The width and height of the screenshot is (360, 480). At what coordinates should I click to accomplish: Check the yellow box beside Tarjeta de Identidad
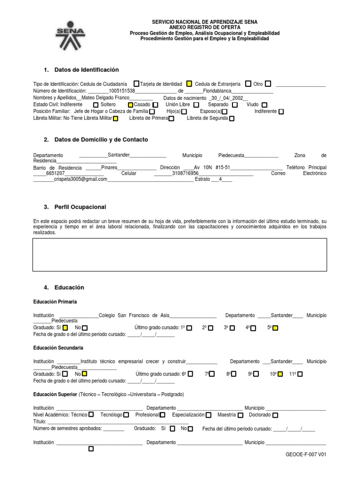click(189, 84)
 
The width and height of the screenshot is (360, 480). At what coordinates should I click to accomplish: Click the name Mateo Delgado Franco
click(105, 97)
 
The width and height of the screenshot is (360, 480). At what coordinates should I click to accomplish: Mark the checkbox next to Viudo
click(264, 105)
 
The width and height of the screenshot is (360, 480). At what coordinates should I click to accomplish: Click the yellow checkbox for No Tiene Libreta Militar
click(116, 119)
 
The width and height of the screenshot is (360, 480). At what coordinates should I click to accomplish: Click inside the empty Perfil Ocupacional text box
click(180, 255)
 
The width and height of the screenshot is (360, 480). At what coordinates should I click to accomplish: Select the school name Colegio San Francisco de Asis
click(134, 315)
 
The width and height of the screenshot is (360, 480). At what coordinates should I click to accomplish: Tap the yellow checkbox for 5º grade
click(275, 328)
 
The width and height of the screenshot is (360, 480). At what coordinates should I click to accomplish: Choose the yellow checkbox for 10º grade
click(279, 374)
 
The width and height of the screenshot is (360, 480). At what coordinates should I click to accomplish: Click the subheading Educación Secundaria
click(58, 348)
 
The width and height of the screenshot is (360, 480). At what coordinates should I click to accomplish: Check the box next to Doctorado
click(275, 415)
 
